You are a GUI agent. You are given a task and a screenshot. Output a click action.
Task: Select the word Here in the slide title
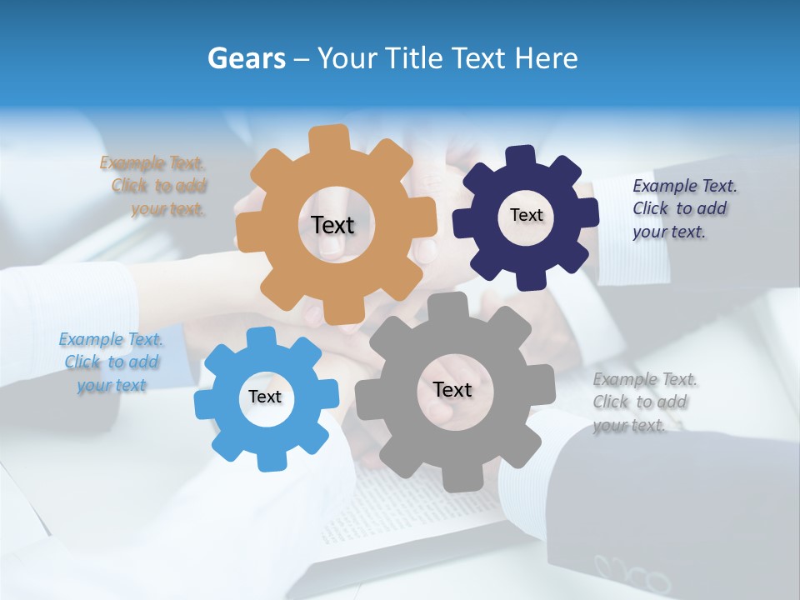[547, 58]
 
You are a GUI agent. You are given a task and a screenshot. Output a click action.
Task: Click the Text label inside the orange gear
[333, 225]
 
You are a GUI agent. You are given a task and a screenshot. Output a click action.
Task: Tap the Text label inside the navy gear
[526, 215]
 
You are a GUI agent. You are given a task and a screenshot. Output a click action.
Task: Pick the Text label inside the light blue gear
[265, 397]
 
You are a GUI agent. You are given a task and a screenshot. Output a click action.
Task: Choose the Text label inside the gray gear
[452, 389]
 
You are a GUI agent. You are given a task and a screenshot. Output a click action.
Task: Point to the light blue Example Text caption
[111, 362]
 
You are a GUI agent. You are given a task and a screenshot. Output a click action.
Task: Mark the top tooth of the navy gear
[521, 156]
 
